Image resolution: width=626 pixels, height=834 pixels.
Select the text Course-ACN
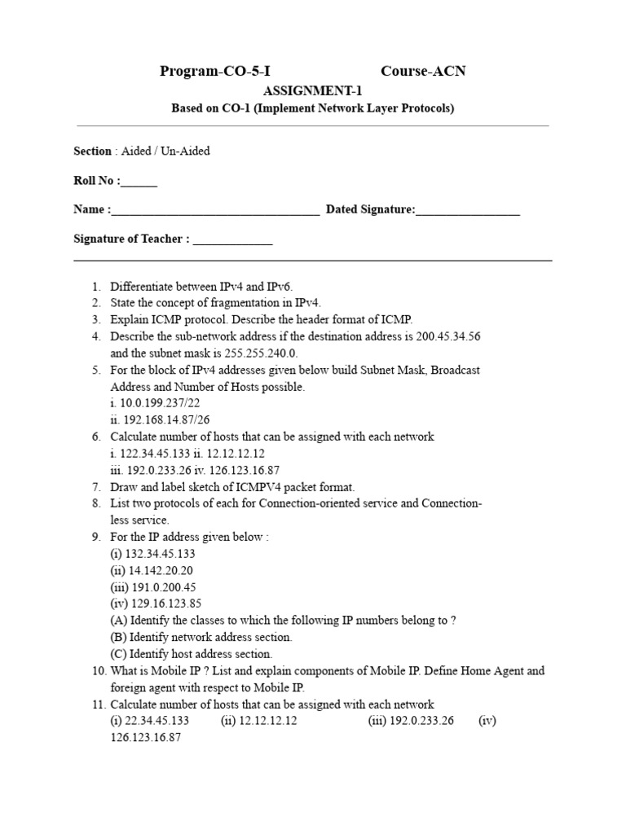coord(423,71)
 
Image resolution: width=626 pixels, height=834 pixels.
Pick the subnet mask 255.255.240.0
coord(255,353)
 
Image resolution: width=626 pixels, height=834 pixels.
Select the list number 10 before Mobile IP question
coord(98,671)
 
